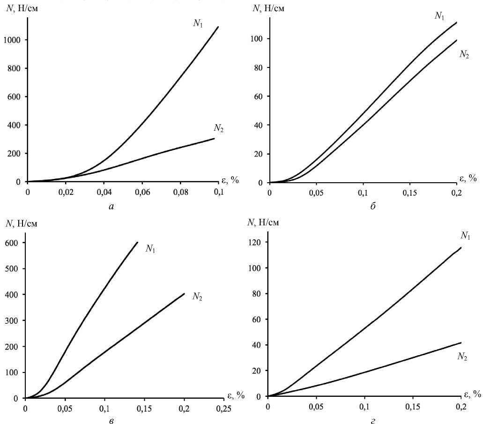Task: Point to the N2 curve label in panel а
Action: (x=218, y=127)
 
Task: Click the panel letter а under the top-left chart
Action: (x=111, y=206)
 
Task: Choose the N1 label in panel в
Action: (x=150, y=249)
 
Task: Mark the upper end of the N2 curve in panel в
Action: (x=185, y=294)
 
